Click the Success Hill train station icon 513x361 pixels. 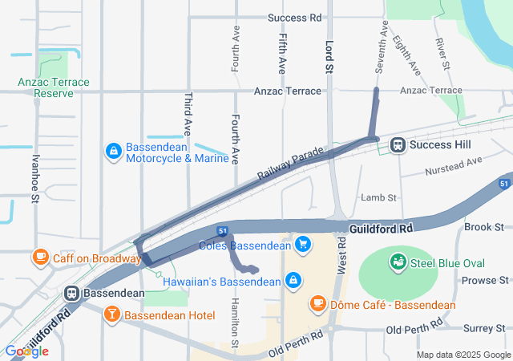coord(397,145)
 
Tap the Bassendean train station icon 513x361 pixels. coord(72,293)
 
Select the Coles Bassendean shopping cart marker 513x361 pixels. coord(303,244)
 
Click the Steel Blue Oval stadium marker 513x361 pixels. coord(398,262)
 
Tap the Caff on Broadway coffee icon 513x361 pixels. coord(39,258)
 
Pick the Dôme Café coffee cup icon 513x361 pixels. coord(318,304)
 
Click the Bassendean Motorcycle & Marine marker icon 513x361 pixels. coord(114,150)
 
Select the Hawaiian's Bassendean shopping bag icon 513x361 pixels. coord(293,281)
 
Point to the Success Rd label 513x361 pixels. coord(294,18)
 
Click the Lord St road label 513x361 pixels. coord(329,57)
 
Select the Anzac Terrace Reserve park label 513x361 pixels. coord(55,87)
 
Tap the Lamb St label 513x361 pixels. coord(379,197)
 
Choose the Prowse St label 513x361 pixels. coord(485,280)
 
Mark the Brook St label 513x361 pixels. coord(483,227)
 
